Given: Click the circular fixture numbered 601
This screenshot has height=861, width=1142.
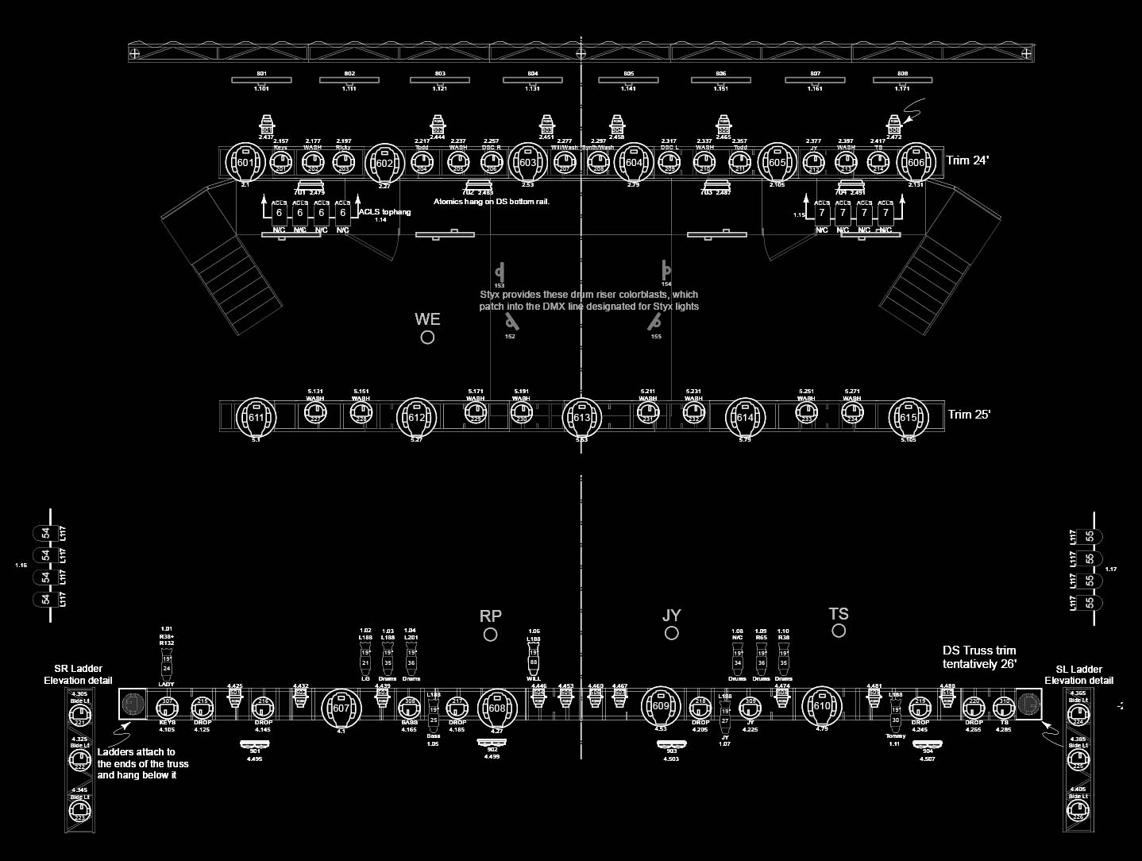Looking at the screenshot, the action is tap(245, 163).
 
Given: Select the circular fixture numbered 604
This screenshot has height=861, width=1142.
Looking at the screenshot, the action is tap(633, 163).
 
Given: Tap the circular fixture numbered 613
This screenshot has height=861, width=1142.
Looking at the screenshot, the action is tap(582, 417).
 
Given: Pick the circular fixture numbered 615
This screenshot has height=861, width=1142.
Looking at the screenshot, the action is tap(908, 417).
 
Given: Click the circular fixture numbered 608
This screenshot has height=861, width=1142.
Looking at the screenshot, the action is tap(497, 708).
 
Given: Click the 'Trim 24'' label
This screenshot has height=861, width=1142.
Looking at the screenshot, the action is tap(968, 160).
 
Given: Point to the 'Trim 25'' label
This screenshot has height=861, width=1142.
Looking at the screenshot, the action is tap(969, 415).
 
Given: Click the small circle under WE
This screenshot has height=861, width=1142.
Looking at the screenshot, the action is tap(427, 338).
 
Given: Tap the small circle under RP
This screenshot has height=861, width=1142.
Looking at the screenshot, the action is tap(491, 635).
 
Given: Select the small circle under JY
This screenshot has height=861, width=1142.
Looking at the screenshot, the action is tap(672, 633).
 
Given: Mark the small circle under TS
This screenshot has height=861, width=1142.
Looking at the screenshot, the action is tap(839, 631).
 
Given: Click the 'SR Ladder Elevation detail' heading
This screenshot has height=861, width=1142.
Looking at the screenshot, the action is tap(78, 674).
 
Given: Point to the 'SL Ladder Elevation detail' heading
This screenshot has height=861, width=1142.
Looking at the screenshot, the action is tap(1078, 675).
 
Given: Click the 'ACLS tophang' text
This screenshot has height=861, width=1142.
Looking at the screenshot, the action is tap(384, 212).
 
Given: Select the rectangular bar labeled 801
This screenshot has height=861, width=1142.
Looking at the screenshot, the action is tap(261, 80).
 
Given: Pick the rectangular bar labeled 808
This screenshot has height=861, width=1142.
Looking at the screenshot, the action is tap(902, 80).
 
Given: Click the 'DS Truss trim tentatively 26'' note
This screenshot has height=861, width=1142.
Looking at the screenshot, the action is tap(979, 657).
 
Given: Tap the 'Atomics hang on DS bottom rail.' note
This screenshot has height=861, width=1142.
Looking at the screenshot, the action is tap(491, 202).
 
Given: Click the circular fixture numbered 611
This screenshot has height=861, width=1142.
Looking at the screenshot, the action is tap(256, 417).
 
